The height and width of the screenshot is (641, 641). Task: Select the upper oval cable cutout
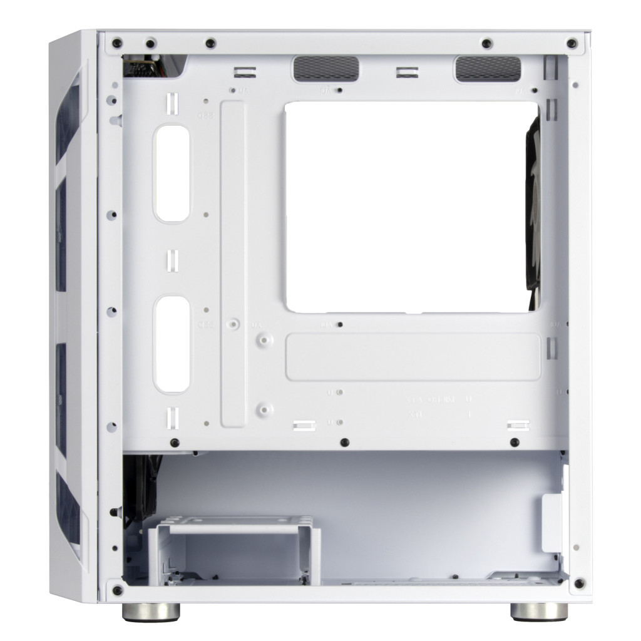(x=172, y=173)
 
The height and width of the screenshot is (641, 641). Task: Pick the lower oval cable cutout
(x=172, y=344)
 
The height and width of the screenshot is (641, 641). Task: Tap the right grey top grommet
(x=488, y=68)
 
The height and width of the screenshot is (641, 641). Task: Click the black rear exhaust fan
(x=533, y=207)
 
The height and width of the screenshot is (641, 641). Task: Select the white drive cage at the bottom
(x=237, y=551)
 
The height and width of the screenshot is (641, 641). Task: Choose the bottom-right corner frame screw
(x=579, y=583)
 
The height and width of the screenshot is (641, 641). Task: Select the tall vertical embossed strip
(x=233, y=263)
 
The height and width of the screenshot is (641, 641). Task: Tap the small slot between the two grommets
(x=406, y=72)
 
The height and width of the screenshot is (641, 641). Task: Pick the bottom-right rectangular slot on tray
(x=516, y=425)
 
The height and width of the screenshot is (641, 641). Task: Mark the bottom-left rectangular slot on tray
(x=302, y=426)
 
